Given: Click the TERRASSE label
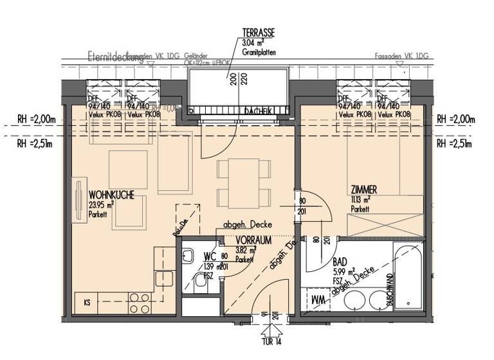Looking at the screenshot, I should tap(259, 32).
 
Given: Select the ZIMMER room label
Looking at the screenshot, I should tap(363, 190).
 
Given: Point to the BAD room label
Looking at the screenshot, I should tap(341, 262).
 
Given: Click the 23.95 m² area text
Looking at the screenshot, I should tap(102, 203).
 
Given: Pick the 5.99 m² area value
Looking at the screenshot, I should tap(342, 272).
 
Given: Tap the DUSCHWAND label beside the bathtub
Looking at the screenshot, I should tap(390, 289).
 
